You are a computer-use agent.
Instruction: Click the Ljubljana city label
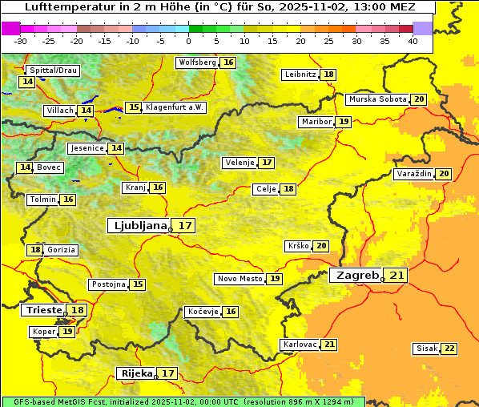pyautogui.click(x=139, y=226)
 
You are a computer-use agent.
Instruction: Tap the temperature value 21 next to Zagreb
pyautogui.click(x=397, y=276)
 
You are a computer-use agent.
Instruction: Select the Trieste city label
pyautogui.click(x=43, y=310)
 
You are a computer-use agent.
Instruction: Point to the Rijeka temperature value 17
pyautogui.click(x=168, y=373)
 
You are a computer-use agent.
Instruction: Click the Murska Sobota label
pyautogui.click(x=377, y=99)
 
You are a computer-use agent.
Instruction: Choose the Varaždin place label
pyautogui.click(x=414, y=174)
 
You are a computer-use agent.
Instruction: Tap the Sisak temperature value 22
pyautogui.click(x=449, y=349)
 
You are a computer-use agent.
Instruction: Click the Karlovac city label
pyautogui.click(x=300, y=345)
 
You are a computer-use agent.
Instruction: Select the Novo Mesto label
pyautogui.click(x=239, y=279)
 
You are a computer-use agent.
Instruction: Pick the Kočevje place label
pyautogui.click(x=202, y=312)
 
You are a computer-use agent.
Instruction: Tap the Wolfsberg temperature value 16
pyautogui.click(x=229, y=62)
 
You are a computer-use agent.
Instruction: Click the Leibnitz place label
pyautogui.click(x=300, y=75)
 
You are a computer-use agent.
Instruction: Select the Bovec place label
pyautogui.click(x=49, y=167)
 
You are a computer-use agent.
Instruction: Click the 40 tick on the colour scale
pyautogui.click(x=413, y=41)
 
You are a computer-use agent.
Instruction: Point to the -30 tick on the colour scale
pyautogui.click(x=21, y=41)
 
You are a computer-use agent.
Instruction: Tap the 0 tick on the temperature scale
pyautogui.click(x=189, y=41)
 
